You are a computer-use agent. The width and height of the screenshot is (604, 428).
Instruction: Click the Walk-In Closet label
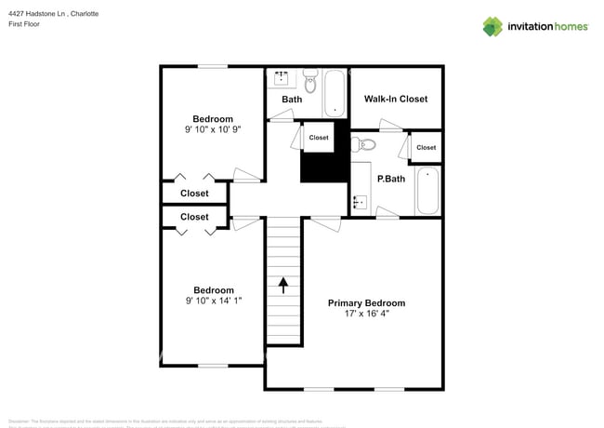tap(395, 99)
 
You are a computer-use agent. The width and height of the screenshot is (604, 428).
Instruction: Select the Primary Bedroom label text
tap(366, 303)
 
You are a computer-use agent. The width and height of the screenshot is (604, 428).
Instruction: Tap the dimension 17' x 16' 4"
tap(366, 314)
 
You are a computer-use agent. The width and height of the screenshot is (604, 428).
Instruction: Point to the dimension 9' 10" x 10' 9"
tap(213, 130)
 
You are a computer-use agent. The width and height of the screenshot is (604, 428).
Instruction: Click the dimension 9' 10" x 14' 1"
tap(213, 301)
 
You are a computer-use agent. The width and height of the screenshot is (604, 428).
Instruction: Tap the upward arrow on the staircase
tap(284, 280)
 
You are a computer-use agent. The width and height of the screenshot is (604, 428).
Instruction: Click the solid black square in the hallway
tap(318, 167)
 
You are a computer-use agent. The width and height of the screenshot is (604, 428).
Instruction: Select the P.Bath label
tap(390, 179)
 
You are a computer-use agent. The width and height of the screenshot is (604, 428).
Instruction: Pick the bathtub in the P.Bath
tap(427, 190)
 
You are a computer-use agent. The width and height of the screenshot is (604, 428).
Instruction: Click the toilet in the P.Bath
tap(363, 144)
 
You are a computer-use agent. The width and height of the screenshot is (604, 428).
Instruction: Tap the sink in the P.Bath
tap(360, 200)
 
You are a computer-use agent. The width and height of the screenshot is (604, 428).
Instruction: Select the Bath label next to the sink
tap(292, 100)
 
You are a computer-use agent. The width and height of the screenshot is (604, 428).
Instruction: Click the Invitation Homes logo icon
tap(492, 26)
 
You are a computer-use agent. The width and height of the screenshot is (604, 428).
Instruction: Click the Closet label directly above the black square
tap(319, 138)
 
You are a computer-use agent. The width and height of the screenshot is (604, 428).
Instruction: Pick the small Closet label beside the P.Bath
tap(426, 148)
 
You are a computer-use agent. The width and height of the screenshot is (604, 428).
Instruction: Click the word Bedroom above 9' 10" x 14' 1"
tap(213, 290)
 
